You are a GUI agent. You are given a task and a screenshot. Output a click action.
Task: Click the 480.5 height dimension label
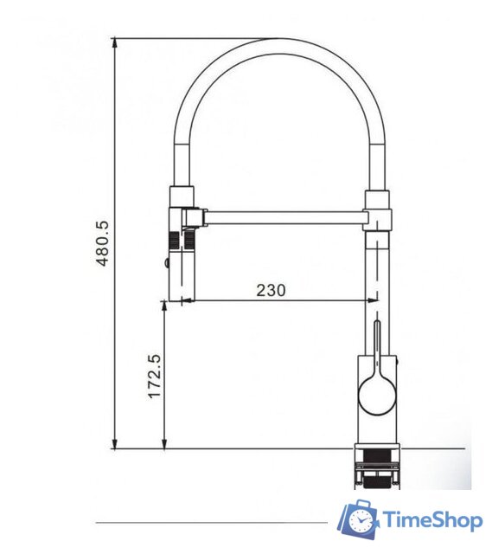click(x=103, y=243)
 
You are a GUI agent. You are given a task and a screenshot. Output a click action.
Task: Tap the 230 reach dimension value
click(x=271, y=291)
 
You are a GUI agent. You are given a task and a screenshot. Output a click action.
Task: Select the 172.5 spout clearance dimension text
click(x=155, y=377)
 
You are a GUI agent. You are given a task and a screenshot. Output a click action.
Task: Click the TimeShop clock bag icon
click(x=358, y=519)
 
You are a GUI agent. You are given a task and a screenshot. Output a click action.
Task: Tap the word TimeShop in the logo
click(x=433, y=520)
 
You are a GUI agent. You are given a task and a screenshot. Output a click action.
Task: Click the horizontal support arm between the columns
click(x=285, y=217)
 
